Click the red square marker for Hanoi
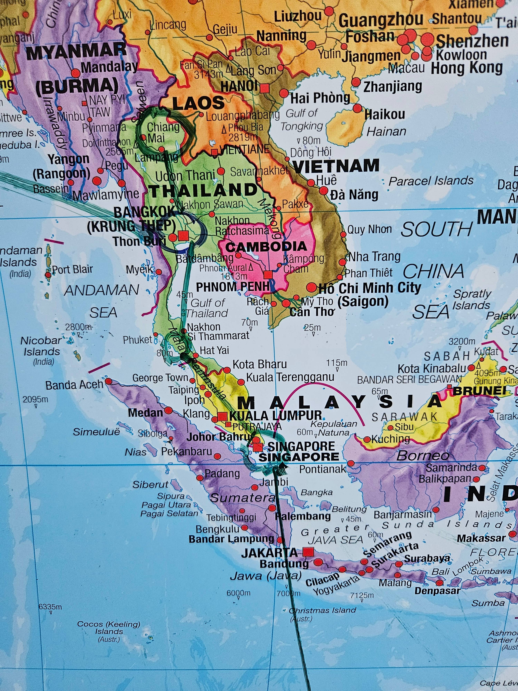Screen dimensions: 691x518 coord(265,88)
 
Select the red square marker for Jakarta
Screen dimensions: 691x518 coord(309,552)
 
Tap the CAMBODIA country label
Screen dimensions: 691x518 coord(266,247)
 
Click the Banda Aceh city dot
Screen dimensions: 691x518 coord(108,381)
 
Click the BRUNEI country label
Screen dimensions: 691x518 coord(479,391)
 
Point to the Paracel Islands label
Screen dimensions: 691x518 coord(431,181)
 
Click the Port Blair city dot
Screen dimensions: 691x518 coord(48,275)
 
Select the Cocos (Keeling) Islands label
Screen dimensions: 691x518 coord(109,631)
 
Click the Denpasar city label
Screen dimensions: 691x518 coord(437,591)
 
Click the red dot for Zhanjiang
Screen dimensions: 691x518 coord(356,82)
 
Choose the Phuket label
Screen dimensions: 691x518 coord(137,340)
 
